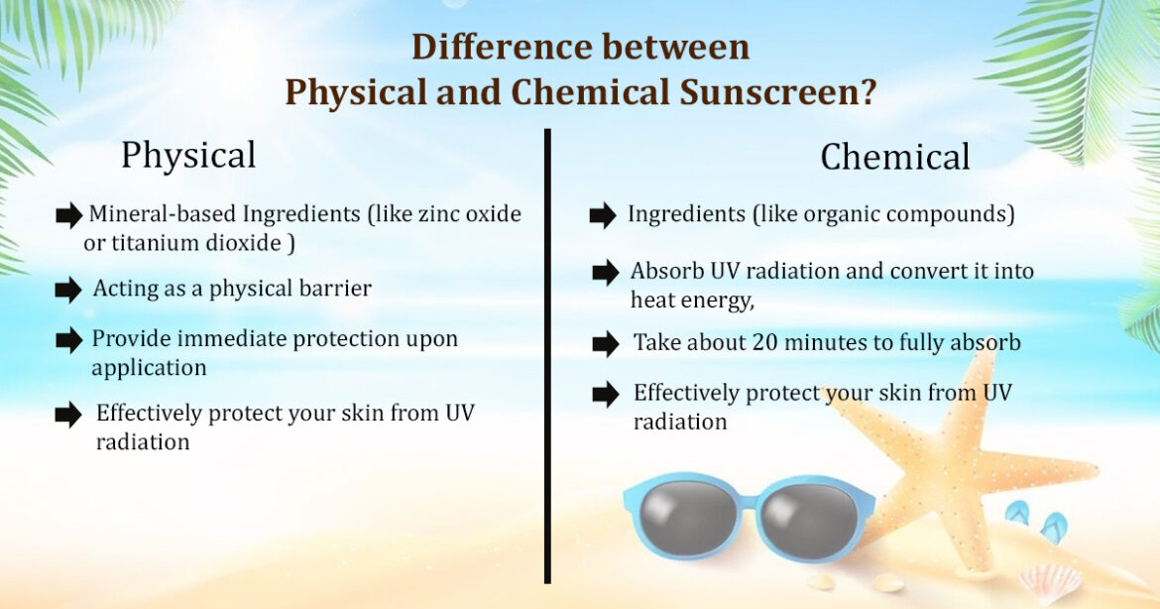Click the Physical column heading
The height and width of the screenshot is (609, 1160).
(188, 156)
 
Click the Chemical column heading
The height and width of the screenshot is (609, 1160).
(894, 158)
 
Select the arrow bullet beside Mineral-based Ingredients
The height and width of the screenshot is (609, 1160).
(68, 214)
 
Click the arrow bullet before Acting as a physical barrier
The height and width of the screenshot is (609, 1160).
(68, 290)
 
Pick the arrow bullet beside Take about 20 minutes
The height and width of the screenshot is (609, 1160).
(605, 344)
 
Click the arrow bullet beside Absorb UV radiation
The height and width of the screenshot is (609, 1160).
(605, 272)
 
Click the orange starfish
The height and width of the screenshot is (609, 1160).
(952, 466)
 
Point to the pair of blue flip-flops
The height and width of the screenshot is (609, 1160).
(1035, 520)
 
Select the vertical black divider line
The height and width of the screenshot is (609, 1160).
(546, 357)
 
